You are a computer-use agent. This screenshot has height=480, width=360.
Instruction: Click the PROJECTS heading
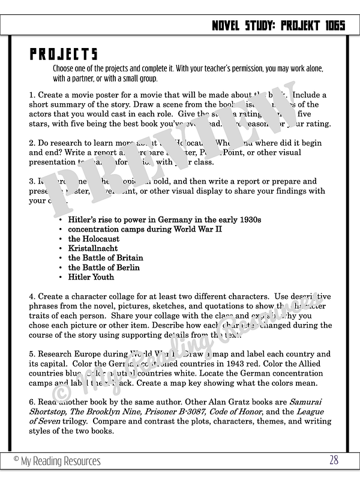(64, 54)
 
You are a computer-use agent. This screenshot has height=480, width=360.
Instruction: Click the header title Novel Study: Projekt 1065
(278, 25)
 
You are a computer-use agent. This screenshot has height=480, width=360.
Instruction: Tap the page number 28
(334, 460)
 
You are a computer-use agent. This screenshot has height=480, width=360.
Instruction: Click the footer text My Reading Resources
(57, 461)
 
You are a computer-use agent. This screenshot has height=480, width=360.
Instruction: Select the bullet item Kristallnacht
(92, 248)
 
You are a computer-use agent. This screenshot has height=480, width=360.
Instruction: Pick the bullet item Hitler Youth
(91, 277)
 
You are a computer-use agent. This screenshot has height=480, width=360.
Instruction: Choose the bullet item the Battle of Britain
(105, 258)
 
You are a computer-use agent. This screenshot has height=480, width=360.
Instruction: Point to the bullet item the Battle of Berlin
(103, 268)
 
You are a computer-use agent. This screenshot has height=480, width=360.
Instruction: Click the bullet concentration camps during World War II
(145, 229)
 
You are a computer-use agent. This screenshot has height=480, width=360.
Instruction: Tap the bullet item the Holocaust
(94, 239)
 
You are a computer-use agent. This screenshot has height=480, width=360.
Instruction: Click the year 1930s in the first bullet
(249, 220)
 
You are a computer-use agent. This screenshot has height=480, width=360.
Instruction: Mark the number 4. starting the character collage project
(32, 296)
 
